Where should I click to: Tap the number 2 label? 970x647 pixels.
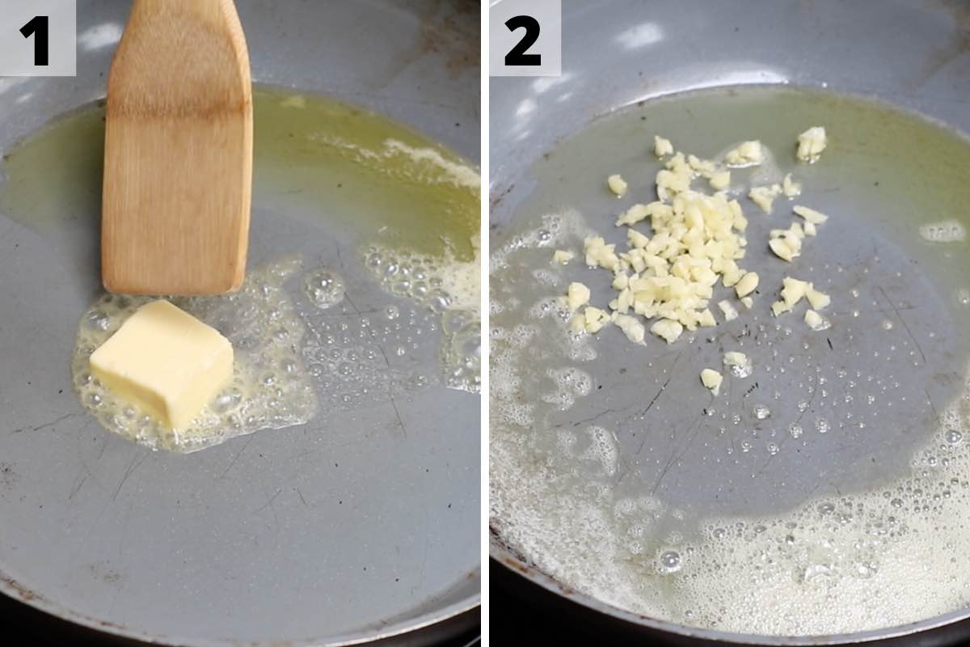coord(522,40)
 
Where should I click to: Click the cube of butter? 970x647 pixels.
coord(161,364)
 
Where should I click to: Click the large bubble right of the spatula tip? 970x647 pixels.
coord(323,287)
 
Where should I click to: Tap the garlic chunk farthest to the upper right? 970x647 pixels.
coord(811,143)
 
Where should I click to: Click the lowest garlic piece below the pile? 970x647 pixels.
coord(711,380)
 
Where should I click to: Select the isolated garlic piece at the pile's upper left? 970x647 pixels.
coord(617,185)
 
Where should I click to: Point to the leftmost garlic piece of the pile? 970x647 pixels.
coord(563,256)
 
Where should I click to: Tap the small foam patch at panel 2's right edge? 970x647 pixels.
coord(942,231)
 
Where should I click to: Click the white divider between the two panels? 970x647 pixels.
coord(485,323)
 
